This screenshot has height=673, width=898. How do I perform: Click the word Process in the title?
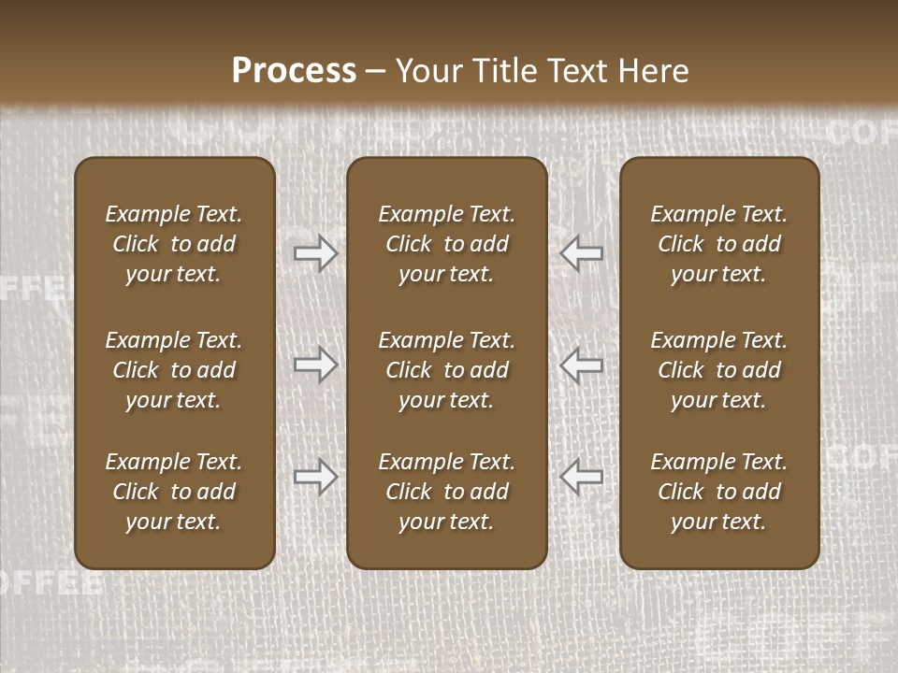tap(294, 70)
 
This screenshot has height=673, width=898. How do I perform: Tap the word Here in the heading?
tap(654, 70)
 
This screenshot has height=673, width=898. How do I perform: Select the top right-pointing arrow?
tap(315, 253)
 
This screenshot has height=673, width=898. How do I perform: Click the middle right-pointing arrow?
tap(315, 365)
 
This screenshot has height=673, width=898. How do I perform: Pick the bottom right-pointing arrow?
tap(315, 477)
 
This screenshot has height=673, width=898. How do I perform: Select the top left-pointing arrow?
tap(582, 253)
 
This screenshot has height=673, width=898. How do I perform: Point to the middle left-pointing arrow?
tap(582, 365)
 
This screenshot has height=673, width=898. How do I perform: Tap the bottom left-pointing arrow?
tap(582, 477)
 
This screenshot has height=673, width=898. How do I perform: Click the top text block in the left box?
tap(174, 244)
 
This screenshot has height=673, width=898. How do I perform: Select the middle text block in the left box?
tap(174, 370)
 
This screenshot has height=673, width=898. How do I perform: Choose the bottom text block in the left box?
tap(174, 492)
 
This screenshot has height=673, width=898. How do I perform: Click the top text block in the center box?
tap(446, 244)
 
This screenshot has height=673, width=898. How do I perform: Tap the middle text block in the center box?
tap(446, 370)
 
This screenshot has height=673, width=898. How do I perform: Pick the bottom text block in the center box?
tap(446, 492)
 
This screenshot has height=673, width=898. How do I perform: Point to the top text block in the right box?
tap(719, 244)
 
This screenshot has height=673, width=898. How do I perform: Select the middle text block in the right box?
tap(719, 370)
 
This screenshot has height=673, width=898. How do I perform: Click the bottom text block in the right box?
tap(719, 492)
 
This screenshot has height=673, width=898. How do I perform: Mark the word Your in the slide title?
tap(426, 70)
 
